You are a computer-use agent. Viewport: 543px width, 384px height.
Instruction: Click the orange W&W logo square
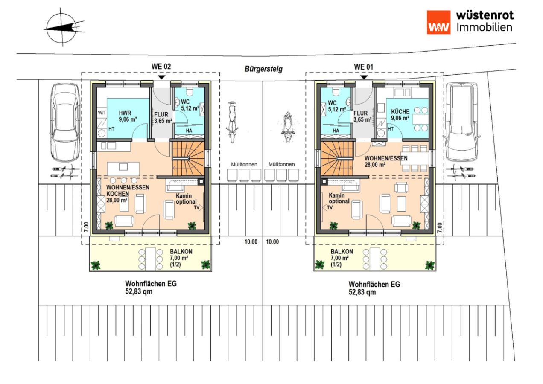coord(438,22)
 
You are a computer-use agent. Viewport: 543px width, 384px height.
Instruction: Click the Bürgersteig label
coord(263,69)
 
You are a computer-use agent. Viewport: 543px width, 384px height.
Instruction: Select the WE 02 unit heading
coord(161,67)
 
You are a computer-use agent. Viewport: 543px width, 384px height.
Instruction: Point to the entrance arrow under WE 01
coord(364,77)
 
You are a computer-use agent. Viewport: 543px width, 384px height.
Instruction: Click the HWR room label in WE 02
coord(125,113)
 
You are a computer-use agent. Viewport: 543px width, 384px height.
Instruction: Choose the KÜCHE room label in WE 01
coord(400,112)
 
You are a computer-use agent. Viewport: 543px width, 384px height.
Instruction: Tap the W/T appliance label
coord(102,113)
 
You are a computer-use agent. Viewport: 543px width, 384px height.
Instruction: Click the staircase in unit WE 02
coord(188,159)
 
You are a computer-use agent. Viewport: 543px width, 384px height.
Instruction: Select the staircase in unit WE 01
coord(337,159)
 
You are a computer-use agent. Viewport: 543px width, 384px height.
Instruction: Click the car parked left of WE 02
coord(65,122)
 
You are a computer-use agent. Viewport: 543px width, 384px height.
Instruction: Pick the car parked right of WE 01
coord(462,122)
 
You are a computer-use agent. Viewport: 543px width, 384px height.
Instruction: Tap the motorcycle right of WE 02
coord(232,122)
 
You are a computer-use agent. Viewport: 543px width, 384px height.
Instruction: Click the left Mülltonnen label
coord(244,164)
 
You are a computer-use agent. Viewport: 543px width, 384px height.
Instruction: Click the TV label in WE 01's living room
coord(330,208)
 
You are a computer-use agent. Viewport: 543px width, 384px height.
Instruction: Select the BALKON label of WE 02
coord(181,251)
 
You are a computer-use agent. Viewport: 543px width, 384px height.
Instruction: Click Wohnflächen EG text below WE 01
coord(374,284)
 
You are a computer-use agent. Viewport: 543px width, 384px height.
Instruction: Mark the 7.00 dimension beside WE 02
coord(86,227)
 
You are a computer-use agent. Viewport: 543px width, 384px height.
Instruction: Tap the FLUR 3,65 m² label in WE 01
coord(362,116)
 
